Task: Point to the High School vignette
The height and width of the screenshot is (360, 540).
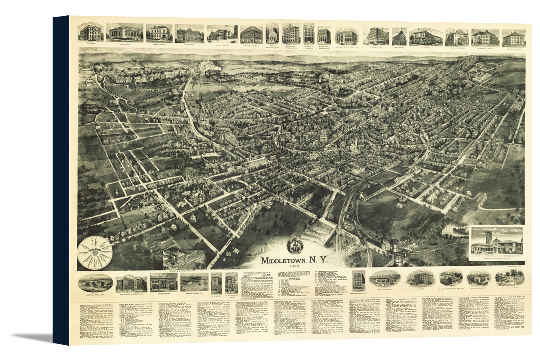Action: tap(189, 34)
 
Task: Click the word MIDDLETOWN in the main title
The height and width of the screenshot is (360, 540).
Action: tap(284, 260)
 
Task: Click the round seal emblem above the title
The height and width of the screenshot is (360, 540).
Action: tap(293, 247)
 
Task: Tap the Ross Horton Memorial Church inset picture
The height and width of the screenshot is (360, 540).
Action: tap(496, 243)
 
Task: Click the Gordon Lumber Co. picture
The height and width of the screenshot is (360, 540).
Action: tap(194, 283)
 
